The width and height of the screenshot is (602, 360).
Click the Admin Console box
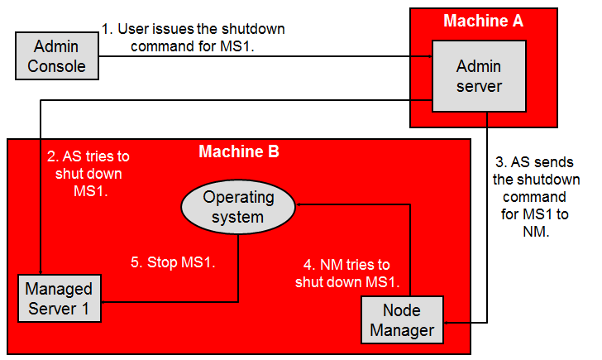click(x=57, y=56)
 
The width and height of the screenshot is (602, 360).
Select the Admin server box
click(x=479, y=76)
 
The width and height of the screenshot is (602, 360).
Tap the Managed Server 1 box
click(x=60, y=298)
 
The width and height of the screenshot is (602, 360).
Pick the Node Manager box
click(x=403, y=319)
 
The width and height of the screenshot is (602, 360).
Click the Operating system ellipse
click(x=238, y=207)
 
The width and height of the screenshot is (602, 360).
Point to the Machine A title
click(x=484, y=21)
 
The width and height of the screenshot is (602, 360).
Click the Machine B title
click(x=239, y=151)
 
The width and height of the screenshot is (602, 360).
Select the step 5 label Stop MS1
click(x=173, y=262)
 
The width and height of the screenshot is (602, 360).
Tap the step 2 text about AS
click(x=88, y=174)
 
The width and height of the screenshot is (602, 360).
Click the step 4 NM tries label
click(x=347, y=273)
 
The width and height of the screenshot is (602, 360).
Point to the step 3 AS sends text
click(x=537, y=197)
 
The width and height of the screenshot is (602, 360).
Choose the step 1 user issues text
click(x=193, y=37)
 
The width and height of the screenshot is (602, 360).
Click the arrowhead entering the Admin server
click(x=430, y=56)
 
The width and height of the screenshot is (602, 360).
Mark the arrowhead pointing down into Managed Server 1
click(x=41, y=271)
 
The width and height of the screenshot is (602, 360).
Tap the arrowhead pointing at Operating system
click(x=299, y=204)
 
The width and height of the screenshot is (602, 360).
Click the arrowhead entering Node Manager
click(x=447, y=323)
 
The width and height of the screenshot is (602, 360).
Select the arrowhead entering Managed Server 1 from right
click(x=104, y=302)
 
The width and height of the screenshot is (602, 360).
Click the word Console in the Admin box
click(x=56, y=66)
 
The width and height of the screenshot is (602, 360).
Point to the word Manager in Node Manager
click(x=402, y=330)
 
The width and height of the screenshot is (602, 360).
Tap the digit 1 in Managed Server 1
click(x=85, y=309)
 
